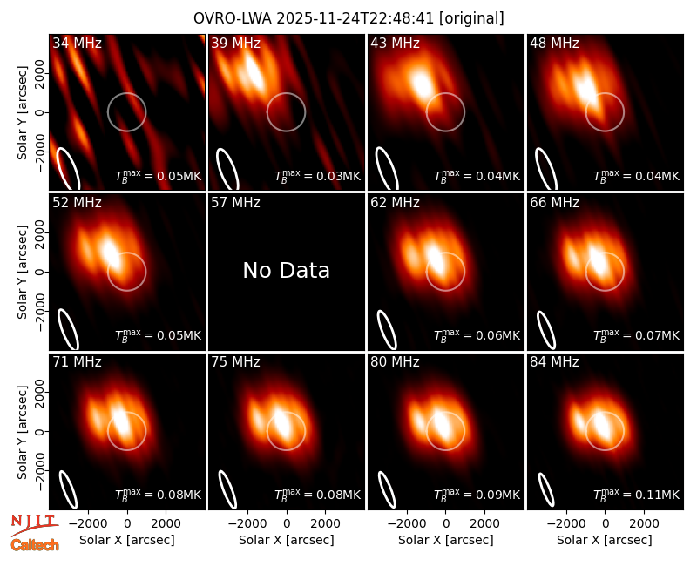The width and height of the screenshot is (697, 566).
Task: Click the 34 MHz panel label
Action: click(77, 43)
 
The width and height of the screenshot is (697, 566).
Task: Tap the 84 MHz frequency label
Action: click(554, 362)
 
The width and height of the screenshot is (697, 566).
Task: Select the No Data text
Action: click(287, 270)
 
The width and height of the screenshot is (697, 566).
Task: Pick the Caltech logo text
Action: click(35, 545)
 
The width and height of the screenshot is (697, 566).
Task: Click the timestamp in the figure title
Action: click(355, 18)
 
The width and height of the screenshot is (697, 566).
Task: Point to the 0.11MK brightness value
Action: click(658, 495)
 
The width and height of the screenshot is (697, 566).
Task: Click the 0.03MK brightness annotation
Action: click(338, 176)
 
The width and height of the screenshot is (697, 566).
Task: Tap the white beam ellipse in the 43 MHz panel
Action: click(387, 169)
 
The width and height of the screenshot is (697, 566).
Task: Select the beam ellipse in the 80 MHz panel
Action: click(387, 489)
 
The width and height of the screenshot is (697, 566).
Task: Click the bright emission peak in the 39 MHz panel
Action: click(254, 72)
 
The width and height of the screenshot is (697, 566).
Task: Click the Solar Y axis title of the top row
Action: click(22, 113)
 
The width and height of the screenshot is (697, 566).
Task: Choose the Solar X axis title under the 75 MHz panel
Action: click(287, 540)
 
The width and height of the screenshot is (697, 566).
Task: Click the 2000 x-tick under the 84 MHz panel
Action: click(644, 523)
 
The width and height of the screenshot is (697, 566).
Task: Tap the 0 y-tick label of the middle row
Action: click(40, 272)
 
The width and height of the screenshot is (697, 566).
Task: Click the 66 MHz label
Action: click(554, 203)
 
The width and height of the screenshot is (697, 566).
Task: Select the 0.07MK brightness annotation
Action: click(658, 335)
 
